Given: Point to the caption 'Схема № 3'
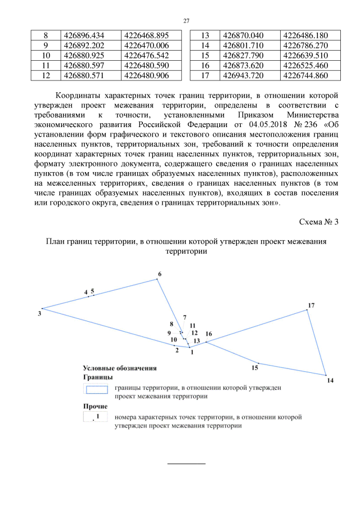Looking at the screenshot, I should [x=319, y=221].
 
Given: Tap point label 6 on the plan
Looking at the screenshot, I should [x=159, y=274].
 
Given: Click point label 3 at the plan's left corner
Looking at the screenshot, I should [x=39, y=313].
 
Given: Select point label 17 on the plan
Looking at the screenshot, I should [x=311, y=305].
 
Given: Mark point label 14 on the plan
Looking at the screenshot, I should [x=330, y=381].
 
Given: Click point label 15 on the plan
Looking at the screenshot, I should [x=255, y=368].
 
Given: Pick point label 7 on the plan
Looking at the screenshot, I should [x=184, y=318].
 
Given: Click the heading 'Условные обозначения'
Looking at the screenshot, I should [x=119, y=368].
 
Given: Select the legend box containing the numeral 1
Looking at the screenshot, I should [x=95, y=417].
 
